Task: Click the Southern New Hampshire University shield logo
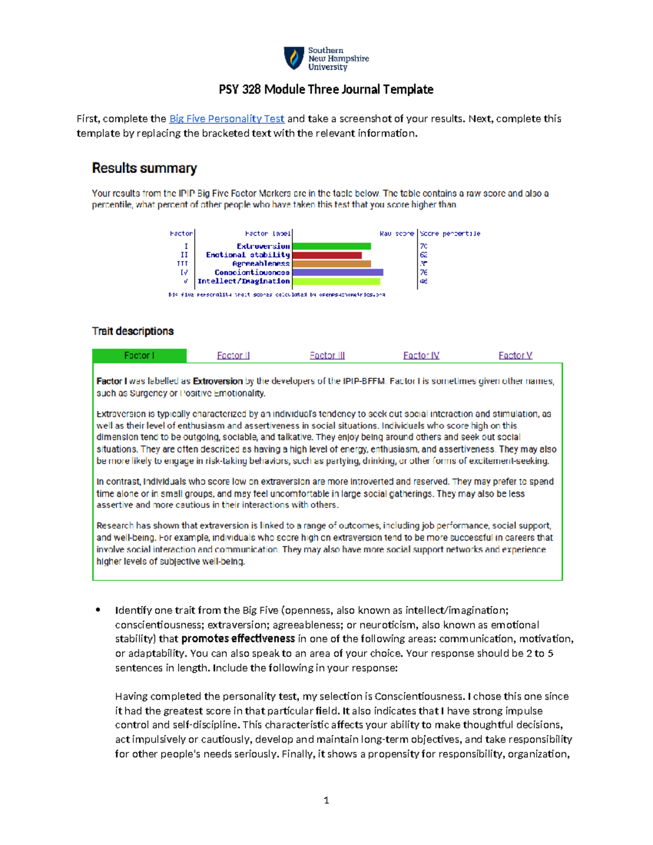pos(294,58)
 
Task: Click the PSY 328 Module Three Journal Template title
pos(326,89)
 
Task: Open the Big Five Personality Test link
pos(226,119)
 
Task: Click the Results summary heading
pos(144,168)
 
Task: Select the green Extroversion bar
pos(331,246)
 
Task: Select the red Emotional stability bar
pos(326,255)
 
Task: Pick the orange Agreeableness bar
pos(331,264)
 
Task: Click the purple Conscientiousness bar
pos(337,273)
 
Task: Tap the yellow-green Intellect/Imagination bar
pos(336,281)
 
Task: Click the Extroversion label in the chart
pos(263,246)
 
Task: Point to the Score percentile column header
pos(449,233)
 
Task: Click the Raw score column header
pos(396,233)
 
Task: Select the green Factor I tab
pos(139,355)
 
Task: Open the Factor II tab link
pos(233,355)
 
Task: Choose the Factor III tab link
pos(327,355)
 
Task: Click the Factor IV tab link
pos(421,355)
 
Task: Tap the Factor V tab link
pos(515,355)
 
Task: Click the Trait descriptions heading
pos(133,331)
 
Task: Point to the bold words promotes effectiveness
pos(238,639)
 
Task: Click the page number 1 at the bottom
pos(326,800)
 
